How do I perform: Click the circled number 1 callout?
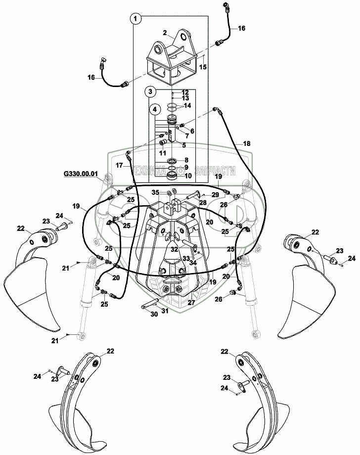(136, 18)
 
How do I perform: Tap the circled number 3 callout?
(150, 91)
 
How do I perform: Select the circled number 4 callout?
(155, 108)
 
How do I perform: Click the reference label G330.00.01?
(80, 174)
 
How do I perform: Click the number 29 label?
(216, 195)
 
